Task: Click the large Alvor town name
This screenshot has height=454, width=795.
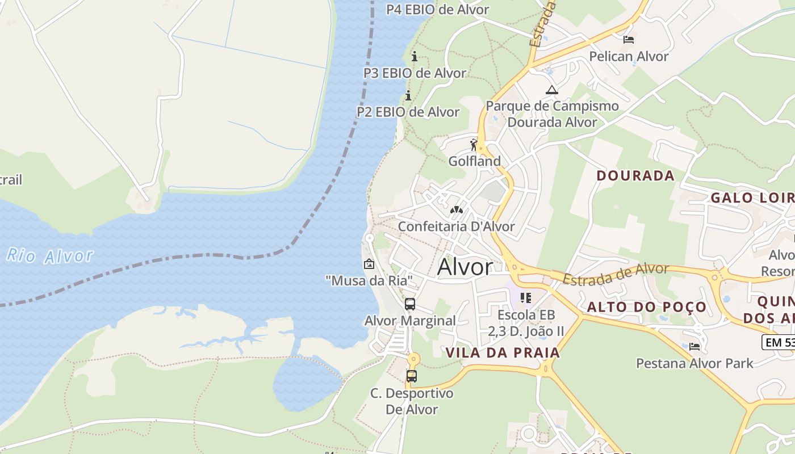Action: [465, 267]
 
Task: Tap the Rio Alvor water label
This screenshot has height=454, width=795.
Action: [50, 255]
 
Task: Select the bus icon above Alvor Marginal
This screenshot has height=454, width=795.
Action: [410, 304]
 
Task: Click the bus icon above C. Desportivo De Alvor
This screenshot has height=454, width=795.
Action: [412, 376]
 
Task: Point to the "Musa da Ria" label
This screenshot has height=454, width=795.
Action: [369, 280]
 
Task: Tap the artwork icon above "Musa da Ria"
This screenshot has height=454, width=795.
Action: [369, 264]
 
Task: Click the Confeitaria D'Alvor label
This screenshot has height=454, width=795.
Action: [456, 226]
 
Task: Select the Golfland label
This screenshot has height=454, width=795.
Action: [475, 161]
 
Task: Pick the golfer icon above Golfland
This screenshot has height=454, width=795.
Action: [474, 145]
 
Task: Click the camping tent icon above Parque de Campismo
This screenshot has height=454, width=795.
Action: [551, 90]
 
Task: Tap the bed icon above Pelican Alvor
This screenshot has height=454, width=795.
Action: [629, 40]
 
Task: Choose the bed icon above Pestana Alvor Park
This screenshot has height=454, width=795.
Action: [694, 346]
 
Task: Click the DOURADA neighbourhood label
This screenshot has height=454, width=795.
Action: [635, 175]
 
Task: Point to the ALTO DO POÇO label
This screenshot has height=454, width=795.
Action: [647, 307]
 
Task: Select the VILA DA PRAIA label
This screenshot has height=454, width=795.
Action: [503, 352]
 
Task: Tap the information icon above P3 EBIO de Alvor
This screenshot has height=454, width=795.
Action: [415, 56]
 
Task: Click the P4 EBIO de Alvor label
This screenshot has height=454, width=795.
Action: [437, 10]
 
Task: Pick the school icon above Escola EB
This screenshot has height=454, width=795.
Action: [526, 297]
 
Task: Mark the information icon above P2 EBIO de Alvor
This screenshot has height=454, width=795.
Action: [408, 95]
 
